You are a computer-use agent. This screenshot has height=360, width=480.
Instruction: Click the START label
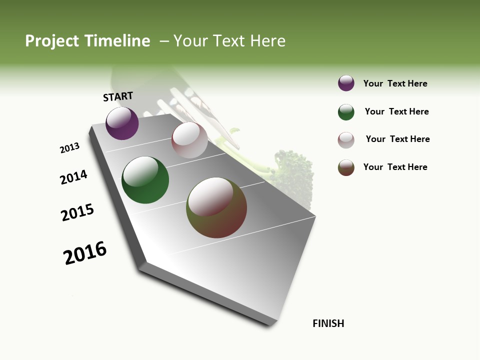click(118, 96)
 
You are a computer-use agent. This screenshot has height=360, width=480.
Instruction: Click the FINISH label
click(328, 323)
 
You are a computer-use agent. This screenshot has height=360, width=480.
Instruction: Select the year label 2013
click(69, 148)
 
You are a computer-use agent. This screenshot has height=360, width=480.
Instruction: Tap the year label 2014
click(73, 177)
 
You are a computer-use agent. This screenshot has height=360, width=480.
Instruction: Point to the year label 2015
click(77, 212)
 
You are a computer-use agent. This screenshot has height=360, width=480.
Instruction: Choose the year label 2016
click(85, 252)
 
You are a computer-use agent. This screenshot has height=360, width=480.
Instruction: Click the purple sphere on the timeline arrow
click(122, 123)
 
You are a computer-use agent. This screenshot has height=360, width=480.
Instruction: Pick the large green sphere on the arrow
click(145, 180)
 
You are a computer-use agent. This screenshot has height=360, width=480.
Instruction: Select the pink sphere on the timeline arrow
click(189, 140)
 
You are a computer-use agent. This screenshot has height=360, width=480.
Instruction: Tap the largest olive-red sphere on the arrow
click(216, 207)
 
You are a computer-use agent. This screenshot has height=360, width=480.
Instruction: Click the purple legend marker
click(346, 83)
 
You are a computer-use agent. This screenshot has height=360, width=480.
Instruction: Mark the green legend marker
click(346, 112)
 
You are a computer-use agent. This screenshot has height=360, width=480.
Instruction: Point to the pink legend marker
click(346, 140)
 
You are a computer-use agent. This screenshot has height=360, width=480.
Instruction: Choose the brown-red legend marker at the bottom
click(346, 167)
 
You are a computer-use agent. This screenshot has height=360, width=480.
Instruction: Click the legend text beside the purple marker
click(395, 84)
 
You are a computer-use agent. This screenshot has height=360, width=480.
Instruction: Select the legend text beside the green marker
click(397, 111)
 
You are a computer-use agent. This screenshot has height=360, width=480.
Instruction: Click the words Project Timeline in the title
click(87, 41)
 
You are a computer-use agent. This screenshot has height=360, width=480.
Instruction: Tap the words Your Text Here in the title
click(229, 41)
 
